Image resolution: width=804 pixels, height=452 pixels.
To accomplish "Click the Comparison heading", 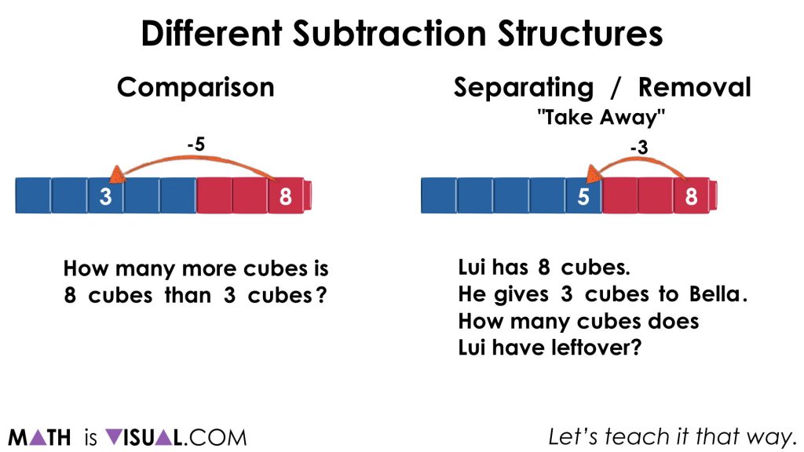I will coord(196,86).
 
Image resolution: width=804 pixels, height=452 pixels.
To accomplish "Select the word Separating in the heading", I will coord(523,86).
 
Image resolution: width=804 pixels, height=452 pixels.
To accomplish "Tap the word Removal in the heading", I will coord(694,86).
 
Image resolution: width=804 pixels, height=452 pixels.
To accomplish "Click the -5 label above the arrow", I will coord(196,144).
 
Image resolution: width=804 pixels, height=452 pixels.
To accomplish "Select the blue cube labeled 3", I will coord(105,196).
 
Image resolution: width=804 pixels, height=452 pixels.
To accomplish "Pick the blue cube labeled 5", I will coord(583,196).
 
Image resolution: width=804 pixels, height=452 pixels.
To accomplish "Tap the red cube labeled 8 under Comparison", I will coord(285,196).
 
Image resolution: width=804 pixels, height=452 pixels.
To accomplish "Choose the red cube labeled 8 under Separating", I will coord(691,196).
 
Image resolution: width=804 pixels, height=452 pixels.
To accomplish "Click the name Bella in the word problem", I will coord(714,295).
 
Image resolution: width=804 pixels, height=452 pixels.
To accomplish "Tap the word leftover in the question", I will coord(587,348).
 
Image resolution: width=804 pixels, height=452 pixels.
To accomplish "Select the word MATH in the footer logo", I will coord(39,437).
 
